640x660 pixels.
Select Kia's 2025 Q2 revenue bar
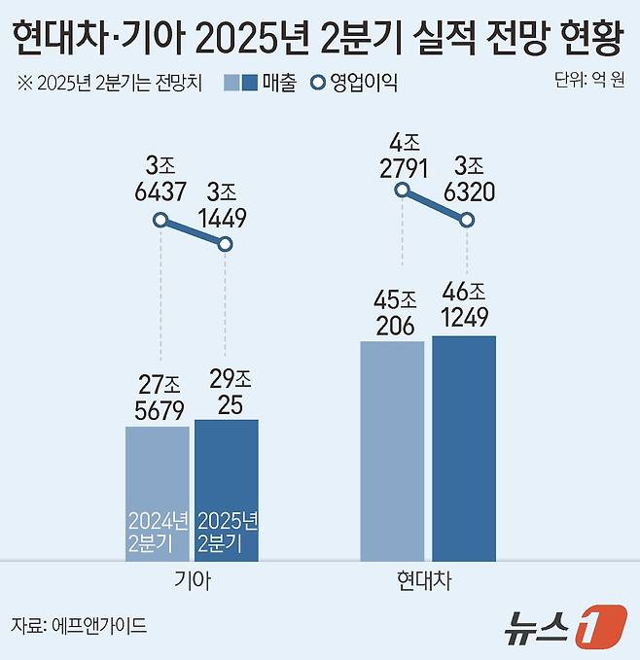[x=227, y=490]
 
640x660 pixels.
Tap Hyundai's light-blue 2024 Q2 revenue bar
[x=392, y=450]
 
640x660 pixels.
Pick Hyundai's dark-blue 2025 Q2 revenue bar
[x=464, y=447]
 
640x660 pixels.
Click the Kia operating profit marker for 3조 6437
[x=161, y=221]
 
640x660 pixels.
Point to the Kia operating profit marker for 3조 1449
[x=226, y=244]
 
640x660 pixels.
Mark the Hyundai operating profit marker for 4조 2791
[x=401, y=191]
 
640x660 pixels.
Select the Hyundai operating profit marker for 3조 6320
[x=467, y=221]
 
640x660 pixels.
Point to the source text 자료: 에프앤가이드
[x=79, y=625]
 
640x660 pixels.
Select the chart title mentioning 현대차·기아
[x=319, y=37]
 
